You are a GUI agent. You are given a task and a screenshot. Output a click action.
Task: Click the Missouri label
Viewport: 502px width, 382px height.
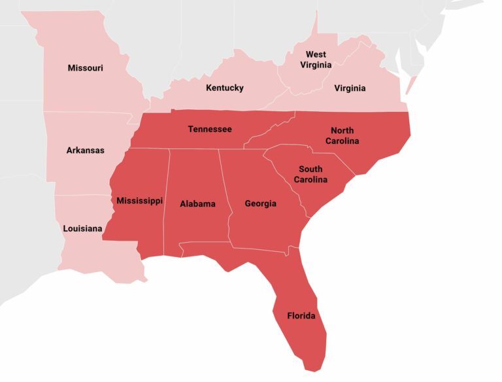point(85,68)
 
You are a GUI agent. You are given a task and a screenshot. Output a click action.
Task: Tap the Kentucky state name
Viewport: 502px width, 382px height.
point(224,88)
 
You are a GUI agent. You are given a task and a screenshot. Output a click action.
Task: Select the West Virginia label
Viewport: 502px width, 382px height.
point(316,60)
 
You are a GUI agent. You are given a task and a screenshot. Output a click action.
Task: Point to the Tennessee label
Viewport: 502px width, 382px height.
point(210,129)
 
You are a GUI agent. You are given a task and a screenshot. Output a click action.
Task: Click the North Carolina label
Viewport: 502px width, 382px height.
point(344,136)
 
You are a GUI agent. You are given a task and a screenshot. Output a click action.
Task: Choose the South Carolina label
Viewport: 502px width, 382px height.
point(310,174)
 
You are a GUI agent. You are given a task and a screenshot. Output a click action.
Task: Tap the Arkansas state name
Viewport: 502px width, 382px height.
point(85,150)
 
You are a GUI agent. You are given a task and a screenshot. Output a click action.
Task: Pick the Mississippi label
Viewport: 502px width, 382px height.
point(139,201)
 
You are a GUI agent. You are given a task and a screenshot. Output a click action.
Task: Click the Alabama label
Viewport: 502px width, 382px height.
point(197,204)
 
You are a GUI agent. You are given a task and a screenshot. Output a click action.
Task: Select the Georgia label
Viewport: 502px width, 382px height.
point(260,203)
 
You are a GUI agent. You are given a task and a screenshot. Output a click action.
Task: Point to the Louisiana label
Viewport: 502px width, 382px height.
point(82,229)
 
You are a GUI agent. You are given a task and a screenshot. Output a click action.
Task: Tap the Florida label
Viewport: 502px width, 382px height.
point(301,316)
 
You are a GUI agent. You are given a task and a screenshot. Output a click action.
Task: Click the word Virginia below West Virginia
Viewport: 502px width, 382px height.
point(350,88)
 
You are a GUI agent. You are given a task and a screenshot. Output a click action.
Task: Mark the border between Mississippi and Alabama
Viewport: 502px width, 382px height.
point(167,196)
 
